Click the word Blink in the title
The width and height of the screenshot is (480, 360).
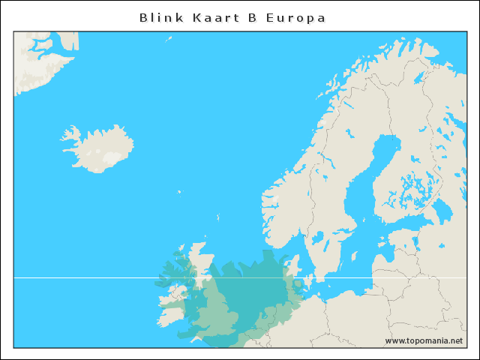pos(160,17)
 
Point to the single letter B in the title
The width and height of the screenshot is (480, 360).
pos(252,17)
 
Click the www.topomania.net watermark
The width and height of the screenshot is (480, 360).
pos(424,340)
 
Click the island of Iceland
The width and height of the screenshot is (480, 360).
pos(101,148)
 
